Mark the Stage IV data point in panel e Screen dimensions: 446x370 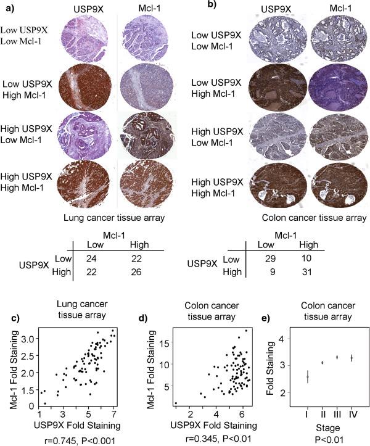pos(351,358)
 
